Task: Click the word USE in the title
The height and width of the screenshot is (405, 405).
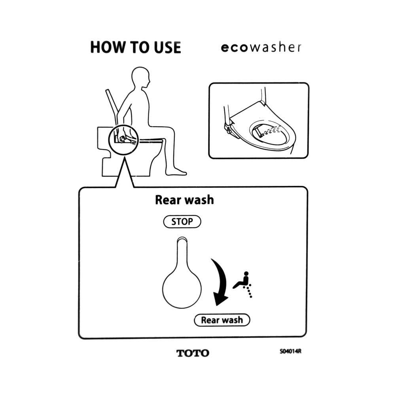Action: [x=167, y=47]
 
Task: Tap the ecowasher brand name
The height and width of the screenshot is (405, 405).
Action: [x=261, y=47]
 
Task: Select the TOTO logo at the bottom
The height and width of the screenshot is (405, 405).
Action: [x=193, y=353]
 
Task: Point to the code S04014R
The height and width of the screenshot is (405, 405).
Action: [x=290, y=352]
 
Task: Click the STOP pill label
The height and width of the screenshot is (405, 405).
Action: [x=182, y=221]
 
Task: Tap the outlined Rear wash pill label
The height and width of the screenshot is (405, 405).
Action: [x=222, y=320]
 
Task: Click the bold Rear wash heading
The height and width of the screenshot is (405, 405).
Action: [x=184, y=200]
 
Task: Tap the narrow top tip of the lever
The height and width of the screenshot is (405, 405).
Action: [x=182, y=240]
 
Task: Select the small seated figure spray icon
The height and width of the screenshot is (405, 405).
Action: [x=242, y=284]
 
